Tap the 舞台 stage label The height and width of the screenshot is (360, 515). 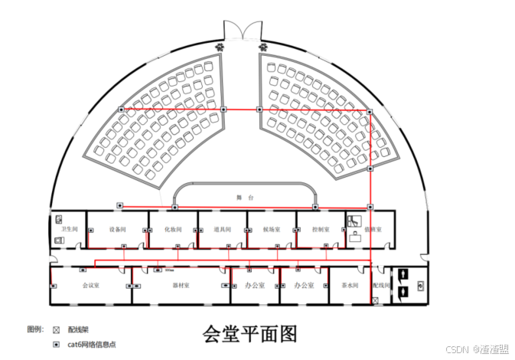coord(245,198)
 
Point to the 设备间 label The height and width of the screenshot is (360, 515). coord(117,229)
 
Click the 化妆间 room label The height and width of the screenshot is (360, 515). coord(171,229)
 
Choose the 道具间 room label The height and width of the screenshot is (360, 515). coord(223,229)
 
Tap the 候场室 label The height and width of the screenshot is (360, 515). coord(272,229)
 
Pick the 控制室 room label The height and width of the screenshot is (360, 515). coord(321,229)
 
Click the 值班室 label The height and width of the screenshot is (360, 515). coord(373,229)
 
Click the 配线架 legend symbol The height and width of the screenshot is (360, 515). coord(56,329)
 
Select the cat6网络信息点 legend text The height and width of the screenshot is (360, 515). coord(92,345)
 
